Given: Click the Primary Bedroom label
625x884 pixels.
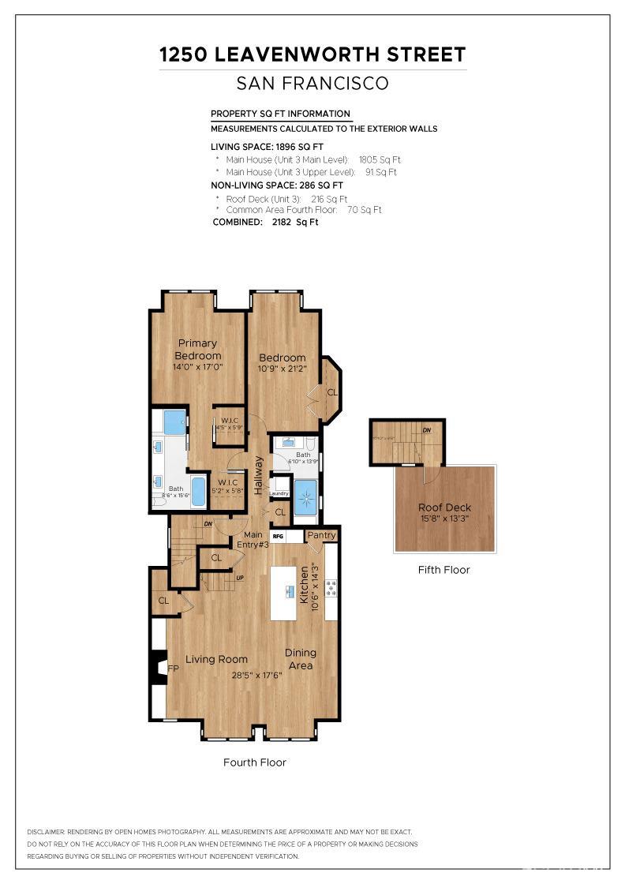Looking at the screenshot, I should [x=197, y=350].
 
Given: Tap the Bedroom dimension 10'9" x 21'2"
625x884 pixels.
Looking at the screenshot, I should [x=283, y=368].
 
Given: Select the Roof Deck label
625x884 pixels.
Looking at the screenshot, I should [x=444, y=508].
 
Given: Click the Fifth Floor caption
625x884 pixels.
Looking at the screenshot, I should [x=443, y=569].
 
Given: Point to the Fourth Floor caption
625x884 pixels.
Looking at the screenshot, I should [x=254, y=762].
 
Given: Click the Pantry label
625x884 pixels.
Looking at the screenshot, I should [x=322, y=535].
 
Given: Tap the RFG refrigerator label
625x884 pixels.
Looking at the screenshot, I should [x=278, y=537].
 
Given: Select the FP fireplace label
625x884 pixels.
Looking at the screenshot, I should [x=173, y=669].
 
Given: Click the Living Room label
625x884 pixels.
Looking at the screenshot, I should [x=216, y=659].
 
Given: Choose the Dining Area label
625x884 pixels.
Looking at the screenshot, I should [x=301, y=659].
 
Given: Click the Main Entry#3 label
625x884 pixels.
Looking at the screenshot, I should [x=253, y=540].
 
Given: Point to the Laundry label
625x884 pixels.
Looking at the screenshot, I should [x=279, y=493].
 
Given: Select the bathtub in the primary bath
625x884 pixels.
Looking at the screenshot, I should [x=198, y=492].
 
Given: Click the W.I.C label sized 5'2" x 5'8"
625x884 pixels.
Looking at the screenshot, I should [x=228, y=486].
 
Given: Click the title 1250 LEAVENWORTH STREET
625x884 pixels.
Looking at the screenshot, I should [x=312, y=54].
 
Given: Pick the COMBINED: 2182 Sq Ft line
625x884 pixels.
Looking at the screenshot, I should [x=265, y=223].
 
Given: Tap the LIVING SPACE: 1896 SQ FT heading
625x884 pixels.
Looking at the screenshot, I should [x=267, y=147].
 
